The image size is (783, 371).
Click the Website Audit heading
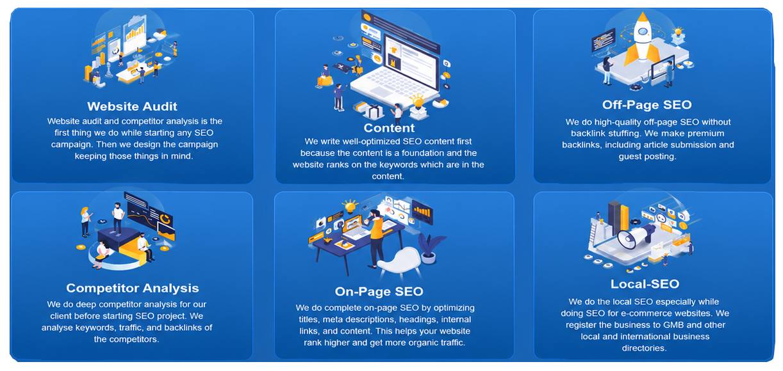[132, 106]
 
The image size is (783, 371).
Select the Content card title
[389, 128]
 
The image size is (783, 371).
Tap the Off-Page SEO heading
[647, 105]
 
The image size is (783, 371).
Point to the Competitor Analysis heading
[133, 288]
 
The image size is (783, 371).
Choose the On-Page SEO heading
[379, 292]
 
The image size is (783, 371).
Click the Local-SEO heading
[645, 284]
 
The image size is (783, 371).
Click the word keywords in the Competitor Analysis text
[95, 328]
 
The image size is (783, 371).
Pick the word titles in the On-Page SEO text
[309, 320]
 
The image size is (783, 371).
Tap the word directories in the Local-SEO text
[644, 349]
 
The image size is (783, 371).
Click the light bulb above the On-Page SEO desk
[350, 206]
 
